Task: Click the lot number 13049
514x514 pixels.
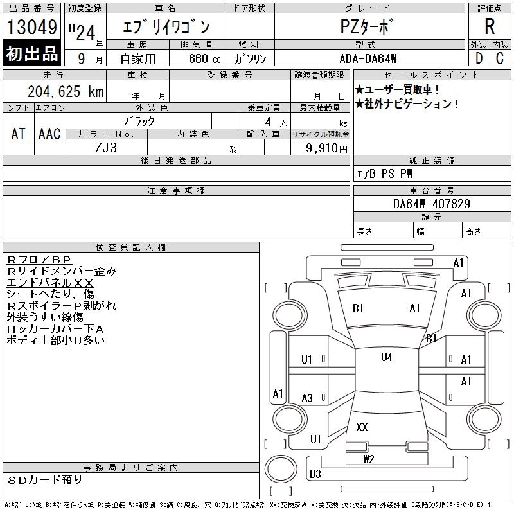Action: pyautogui.click(x=32, y=28)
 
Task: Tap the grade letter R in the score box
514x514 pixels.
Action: pyautogui.click(x=490, y=27)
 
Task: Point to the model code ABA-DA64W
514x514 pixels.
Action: pyautogui.click(x=369, y=58)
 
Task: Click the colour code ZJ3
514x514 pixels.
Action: pyautogui.click(x=107, y=147)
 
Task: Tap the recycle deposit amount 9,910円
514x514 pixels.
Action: pyautogui.click(x=328, y=148)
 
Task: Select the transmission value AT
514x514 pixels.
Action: pyautogui.click(x=19, y=134)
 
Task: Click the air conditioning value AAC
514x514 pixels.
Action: pyautogui.click(x=49, y=134)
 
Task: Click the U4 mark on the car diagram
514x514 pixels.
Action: pyautogui.click(x=386, y=357)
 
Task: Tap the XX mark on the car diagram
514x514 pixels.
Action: pyautogui.click(x=362, y=427)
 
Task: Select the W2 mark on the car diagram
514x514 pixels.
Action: pyautogui.click(x=368, y=459)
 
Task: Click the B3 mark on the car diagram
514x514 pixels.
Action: pyautogui.click(x=315, y=474)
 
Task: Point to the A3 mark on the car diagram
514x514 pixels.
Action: pyautogui.click(x=307, y=398)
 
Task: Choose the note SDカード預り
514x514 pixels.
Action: pyautogui.click(x=45, y=480)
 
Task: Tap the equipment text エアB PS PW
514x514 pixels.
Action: pyautogui.click(x=385, y=173)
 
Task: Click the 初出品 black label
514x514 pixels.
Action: pyautogui.click(x=32, y=54)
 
